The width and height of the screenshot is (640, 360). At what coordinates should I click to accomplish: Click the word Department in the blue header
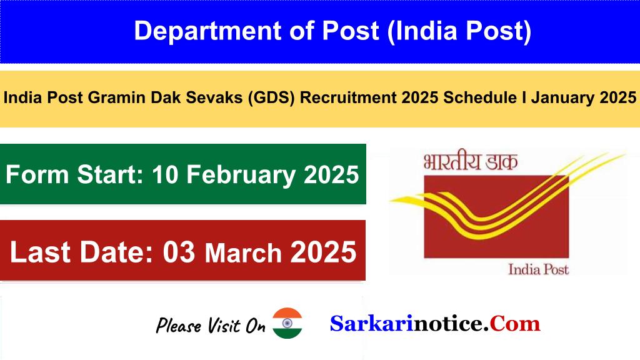tap(207, 31)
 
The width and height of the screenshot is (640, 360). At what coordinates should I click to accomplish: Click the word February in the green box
tap(241, 175)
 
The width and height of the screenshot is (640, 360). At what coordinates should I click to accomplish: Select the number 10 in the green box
tap(165, 175)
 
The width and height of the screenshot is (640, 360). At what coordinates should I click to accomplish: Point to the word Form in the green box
tap(37, 175)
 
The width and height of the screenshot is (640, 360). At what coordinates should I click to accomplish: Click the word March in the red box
tap(243, 252)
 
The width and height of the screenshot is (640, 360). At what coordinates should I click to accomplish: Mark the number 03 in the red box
tap(179, 252)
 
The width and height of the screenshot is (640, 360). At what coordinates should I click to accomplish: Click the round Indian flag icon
tap(287, 323)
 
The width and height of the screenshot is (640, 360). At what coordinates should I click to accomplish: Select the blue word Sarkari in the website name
tap(371, 324)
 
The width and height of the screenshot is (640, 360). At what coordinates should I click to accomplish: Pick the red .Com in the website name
tap(512, 324)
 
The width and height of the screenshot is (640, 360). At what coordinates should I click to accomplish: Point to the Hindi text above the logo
tap(470, 161)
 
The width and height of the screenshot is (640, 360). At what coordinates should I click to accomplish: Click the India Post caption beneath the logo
tap(538, 269)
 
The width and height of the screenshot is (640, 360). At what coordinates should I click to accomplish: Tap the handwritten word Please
tap(178, 325)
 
